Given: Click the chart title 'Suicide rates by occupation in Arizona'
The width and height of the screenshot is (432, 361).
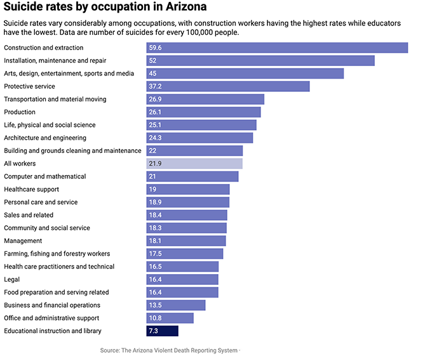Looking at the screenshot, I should [104, 8].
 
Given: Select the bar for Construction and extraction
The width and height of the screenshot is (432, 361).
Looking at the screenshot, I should [277, 48].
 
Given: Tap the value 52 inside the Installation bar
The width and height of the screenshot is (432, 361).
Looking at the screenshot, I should [152, 61].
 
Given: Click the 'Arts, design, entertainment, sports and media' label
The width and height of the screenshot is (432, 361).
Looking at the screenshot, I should [69, 74].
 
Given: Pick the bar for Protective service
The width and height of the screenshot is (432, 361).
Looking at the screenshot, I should [228, 86].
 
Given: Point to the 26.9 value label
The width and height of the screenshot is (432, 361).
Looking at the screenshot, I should [155, 100].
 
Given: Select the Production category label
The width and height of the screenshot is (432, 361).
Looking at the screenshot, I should [20, 112].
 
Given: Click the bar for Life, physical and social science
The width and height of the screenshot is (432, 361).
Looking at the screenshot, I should [201, 125].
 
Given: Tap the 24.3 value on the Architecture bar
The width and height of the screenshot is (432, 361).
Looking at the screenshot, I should [155, 138].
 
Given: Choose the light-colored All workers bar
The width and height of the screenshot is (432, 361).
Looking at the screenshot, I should [194, 164].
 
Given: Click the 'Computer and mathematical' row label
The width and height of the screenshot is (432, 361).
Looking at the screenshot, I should [44, 176].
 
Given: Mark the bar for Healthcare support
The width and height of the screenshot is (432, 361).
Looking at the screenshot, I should [188, 190].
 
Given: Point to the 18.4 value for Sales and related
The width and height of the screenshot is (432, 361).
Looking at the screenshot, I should [155, 215].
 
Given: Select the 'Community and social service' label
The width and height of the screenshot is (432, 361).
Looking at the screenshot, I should [47, 228].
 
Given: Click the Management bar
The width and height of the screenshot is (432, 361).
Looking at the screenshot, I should [186, 241].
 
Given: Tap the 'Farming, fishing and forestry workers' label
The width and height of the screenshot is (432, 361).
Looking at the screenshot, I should [57, 254].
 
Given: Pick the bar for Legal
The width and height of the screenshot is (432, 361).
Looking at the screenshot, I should [182, 279].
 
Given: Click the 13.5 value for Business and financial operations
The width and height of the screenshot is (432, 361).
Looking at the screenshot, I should [155, 305].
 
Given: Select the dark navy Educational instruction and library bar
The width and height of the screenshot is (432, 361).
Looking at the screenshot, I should [163, 331].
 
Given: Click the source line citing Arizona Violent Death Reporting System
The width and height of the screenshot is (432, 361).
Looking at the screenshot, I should [169, 350].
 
